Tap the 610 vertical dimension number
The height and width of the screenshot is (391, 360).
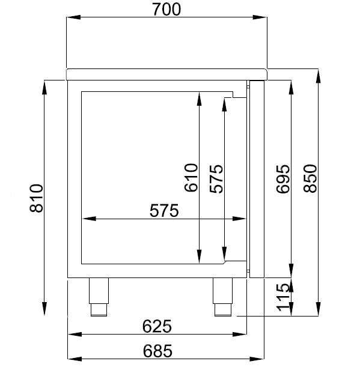click(191, 178)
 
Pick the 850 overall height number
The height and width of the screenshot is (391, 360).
click(310, 178)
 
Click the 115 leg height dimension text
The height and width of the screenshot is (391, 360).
click(283, 299)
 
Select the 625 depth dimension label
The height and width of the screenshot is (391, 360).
click(157, 326)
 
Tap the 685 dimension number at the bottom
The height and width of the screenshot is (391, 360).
click(157, 351)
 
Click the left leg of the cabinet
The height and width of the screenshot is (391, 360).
click(99, 296)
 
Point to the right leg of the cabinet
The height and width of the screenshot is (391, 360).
click(222, 296)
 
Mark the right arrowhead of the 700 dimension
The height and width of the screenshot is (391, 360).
click(262, 19)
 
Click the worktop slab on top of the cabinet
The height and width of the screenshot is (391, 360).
click(166, 74)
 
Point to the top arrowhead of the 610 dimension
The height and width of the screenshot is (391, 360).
click(199, 96)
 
